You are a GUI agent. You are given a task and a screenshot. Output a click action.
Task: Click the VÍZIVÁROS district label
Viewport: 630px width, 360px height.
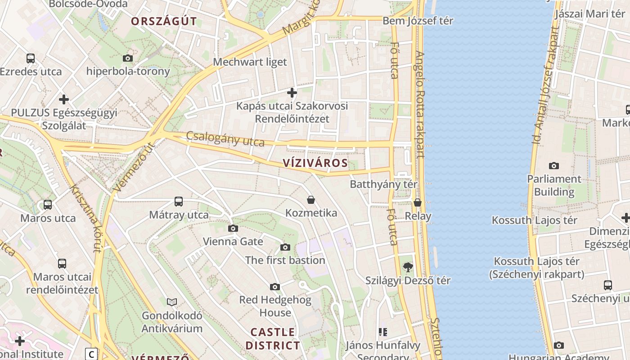click(x=316, y=163)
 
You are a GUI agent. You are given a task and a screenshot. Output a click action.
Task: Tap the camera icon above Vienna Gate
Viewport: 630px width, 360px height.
click(x=233, y=229)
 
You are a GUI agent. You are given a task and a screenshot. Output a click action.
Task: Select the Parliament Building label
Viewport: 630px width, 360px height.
click(x=554, y=185)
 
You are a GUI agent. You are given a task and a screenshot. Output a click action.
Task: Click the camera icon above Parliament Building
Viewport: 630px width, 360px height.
click(x=554, y=166)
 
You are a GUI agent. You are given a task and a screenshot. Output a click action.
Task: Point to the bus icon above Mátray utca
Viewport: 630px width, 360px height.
click(x=179, y=202)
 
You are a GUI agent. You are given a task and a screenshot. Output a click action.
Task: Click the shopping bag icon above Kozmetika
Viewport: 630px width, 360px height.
click(x=311, y=200)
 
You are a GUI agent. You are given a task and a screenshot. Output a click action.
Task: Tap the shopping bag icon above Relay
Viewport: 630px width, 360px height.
click(x=418, y=203)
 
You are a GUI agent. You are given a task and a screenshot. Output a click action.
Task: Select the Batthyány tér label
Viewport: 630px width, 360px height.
click(x=384, y=184)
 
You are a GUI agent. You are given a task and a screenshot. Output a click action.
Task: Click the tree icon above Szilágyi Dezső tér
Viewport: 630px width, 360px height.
click(x=408, y=267)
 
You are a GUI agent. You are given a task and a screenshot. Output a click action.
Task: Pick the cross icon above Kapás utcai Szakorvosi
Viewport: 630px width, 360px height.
click(x=292, y=93)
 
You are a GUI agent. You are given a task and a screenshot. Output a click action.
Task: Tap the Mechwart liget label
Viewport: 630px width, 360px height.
click(x=250, y=62)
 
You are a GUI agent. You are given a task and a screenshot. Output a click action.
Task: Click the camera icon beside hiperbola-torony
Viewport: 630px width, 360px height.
click(x=128, y=58)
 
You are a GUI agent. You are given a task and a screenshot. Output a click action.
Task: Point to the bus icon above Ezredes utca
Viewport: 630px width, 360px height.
click(x=31, y=58)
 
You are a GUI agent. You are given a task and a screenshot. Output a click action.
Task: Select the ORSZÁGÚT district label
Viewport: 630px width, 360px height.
click(x=164, y=21)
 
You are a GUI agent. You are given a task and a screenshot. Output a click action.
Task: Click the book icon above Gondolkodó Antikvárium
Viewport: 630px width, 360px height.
click(x=172, y=302)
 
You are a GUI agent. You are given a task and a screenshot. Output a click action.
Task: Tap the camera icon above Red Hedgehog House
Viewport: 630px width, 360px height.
click(x=275, y=287)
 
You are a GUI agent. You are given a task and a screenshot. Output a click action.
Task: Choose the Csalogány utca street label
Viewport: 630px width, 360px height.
click(x=225, y=139)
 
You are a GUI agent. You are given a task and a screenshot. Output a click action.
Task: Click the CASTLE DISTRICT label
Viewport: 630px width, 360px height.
click(x=273, y=339)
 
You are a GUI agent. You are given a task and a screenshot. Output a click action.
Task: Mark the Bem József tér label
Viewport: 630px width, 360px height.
click(x=418, y=21)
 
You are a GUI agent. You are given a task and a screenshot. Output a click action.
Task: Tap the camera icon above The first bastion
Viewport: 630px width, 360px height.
click(x=285, y=247)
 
